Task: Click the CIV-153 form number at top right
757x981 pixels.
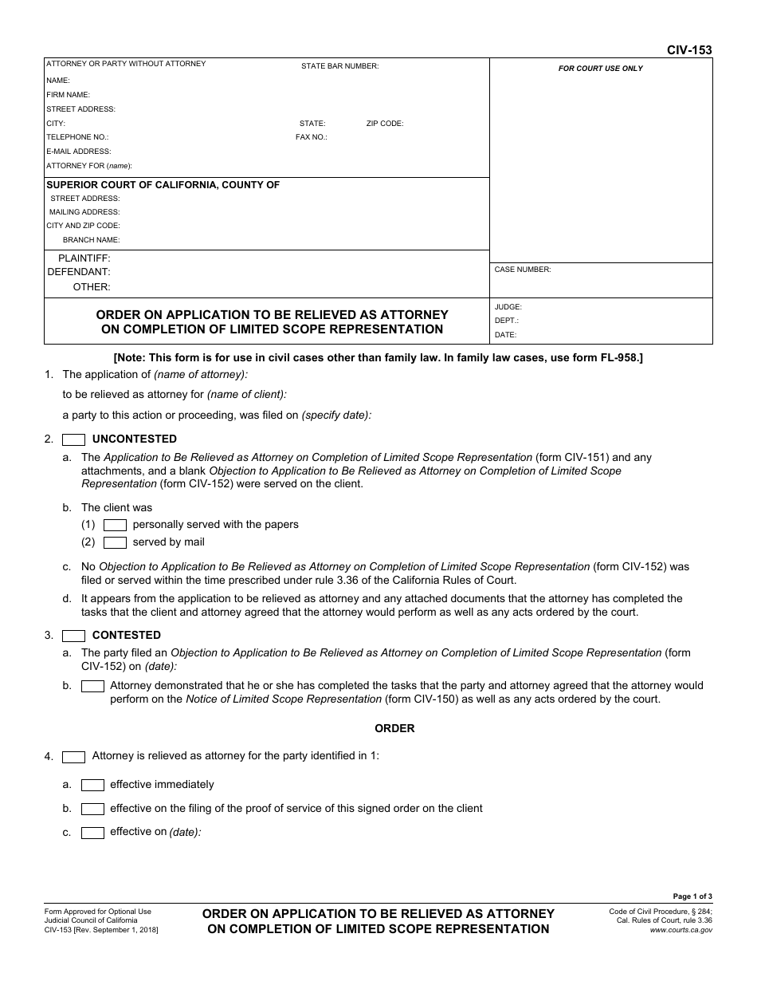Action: (689, 50)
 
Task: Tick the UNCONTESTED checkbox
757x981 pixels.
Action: (74, 439)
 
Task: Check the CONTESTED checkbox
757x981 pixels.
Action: (74, 636)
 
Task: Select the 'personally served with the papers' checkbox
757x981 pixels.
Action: (116, 525)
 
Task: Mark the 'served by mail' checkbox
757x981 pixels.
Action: (116, 542)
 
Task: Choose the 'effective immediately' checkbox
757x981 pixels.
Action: (93, 785)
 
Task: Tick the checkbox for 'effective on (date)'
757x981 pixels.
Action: (93, 833)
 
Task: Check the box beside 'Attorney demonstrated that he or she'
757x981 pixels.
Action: (93, 686)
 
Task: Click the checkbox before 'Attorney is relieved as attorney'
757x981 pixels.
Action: (74, 757)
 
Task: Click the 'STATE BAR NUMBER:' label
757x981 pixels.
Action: (339, 66)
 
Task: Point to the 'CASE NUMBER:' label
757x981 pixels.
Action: (522, 270)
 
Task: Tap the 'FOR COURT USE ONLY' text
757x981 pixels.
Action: (600, 69)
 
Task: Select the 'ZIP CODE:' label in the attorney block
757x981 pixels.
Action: (385, 124)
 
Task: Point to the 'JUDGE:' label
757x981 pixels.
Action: (508, 307)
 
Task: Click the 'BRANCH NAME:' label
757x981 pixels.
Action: (91, 240)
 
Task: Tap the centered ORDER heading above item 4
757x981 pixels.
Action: (394, 728)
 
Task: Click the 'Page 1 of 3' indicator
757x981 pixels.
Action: (692, 896)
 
